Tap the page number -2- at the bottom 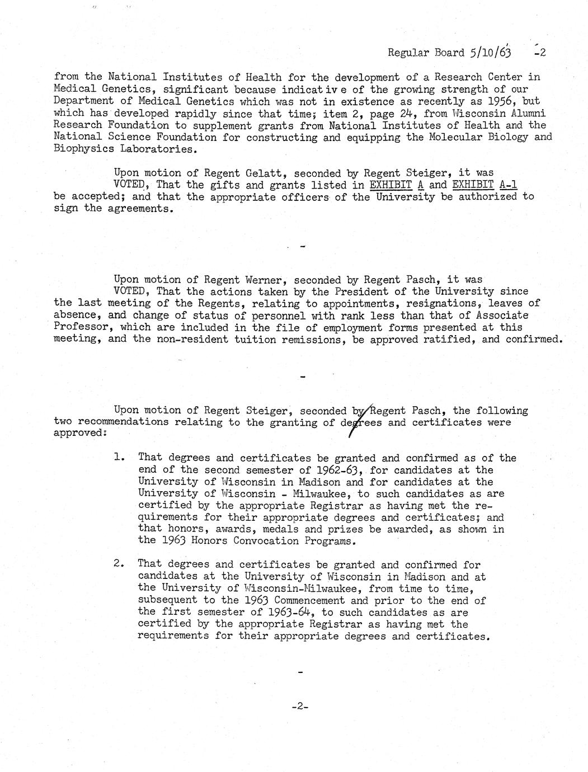click(300, 707)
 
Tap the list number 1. click(118, 458)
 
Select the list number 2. click(118, 564)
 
